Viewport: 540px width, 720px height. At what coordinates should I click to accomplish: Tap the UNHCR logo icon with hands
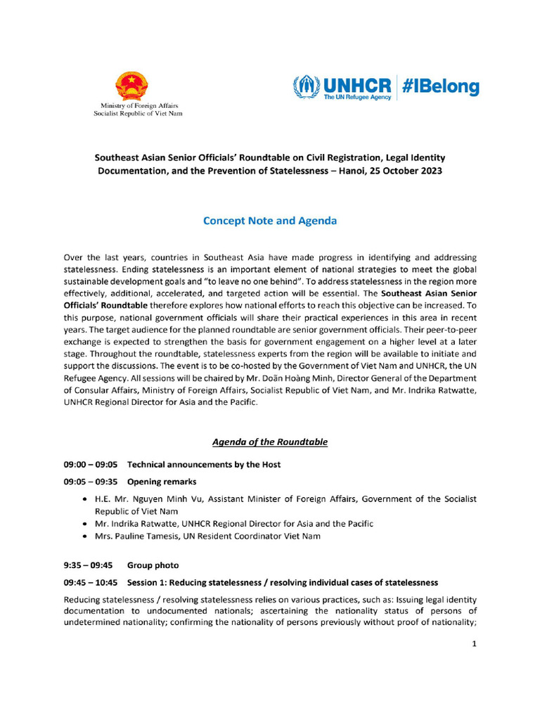pos(306,87)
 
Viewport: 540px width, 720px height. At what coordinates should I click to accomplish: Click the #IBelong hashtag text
pos(441,87)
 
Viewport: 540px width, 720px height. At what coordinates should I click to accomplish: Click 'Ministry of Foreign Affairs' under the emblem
pos(138,105)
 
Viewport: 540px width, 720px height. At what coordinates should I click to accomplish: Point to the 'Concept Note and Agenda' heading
pos(269,221)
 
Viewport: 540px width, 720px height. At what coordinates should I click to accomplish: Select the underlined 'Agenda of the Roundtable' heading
pos(269,442)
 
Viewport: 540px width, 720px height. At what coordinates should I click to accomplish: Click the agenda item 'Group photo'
pos(153,565)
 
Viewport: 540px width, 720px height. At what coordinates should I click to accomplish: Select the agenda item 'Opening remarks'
pos(161,482)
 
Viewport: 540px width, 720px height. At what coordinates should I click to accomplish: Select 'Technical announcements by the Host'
pos(204,465)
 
